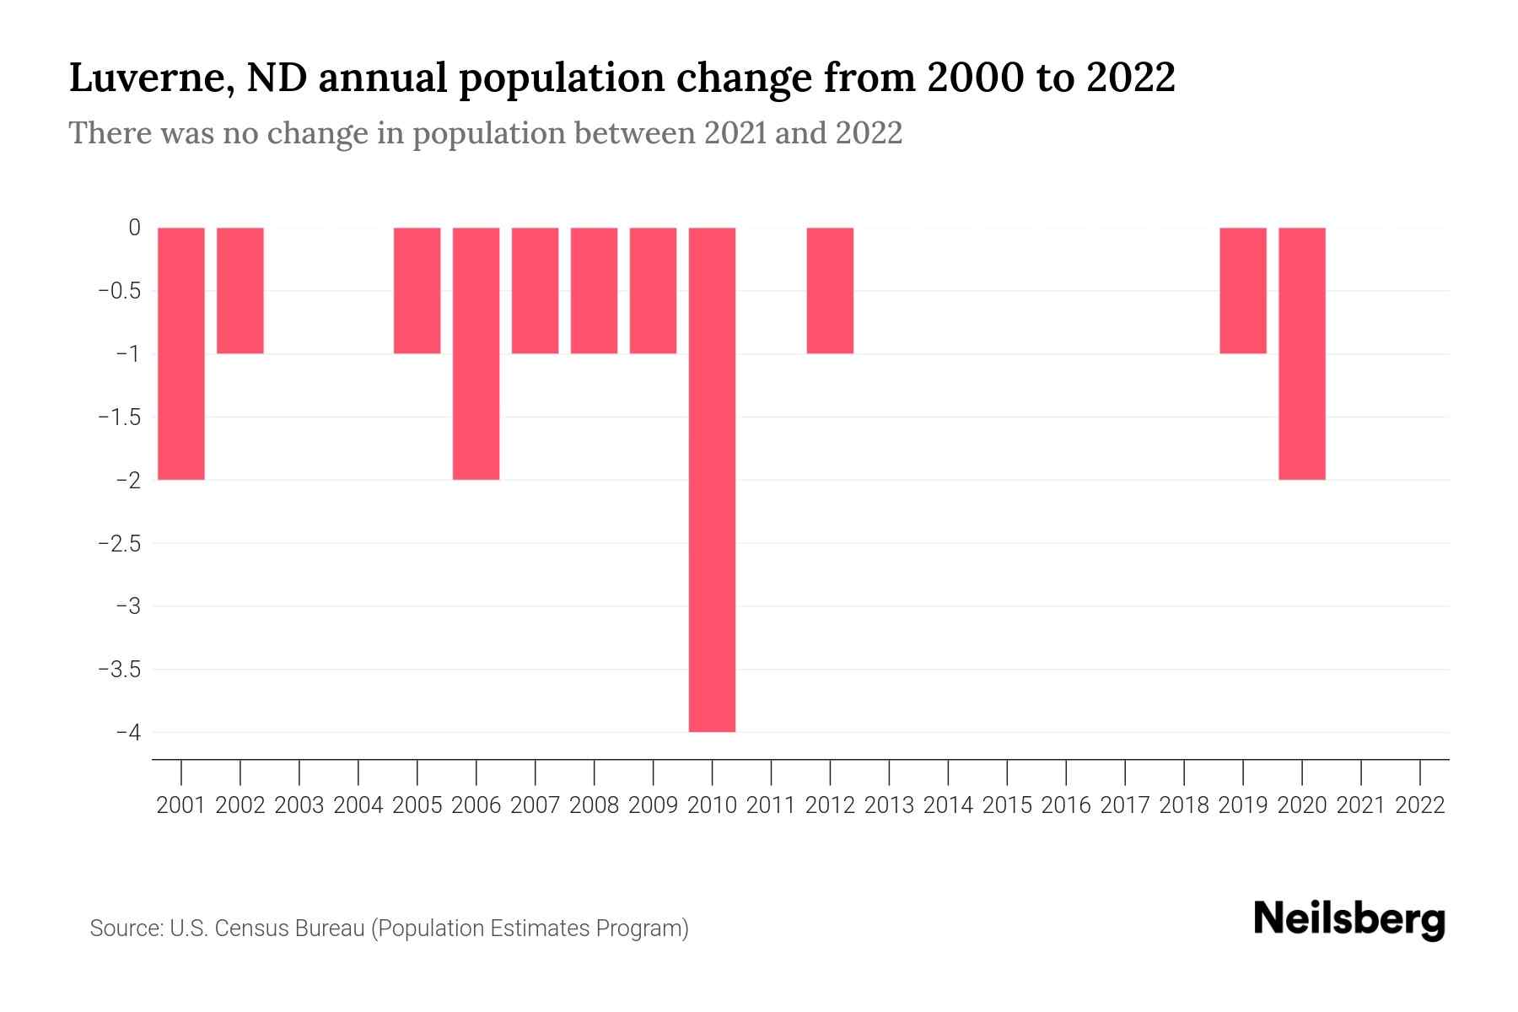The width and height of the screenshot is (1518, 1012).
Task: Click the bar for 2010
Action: pos(712,479)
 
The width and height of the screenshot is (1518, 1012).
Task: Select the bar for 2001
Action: pos(181,353)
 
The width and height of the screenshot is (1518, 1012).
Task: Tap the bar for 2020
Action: pos(1301,353)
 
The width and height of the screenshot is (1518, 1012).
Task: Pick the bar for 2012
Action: pos(830,290)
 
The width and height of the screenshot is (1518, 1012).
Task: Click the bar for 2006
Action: pos(476,353)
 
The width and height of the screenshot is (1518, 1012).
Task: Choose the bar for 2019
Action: pos(1242,290)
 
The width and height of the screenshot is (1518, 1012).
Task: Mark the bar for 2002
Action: pos(240,290)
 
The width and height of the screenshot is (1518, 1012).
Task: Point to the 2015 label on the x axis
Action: pos(1007,805)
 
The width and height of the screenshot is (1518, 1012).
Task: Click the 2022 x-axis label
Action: pos(1420,805)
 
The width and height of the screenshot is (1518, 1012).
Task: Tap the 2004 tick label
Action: pos(358,805)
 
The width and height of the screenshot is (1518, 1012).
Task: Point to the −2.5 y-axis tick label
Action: pos(119,543)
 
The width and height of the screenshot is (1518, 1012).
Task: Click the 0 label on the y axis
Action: pos(134,228)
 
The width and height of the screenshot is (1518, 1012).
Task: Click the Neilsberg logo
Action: pos(1348,920)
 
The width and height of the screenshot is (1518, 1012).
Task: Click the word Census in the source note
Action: pos(253,929)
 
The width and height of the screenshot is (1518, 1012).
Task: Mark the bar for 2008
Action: pos(594,290)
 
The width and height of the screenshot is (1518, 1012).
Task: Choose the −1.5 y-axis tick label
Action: pos(119,417)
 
